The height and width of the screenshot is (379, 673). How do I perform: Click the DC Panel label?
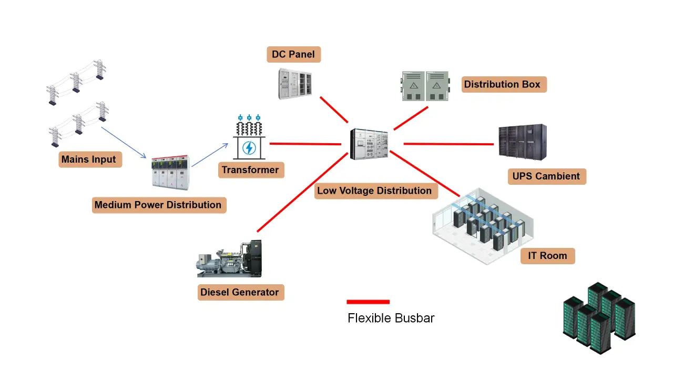coord(293,54)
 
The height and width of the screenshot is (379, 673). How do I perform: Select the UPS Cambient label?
coord(546,176)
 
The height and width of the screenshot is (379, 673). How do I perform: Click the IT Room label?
coord(547,256)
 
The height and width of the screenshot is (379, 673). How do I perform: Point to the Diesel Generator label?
coord(240,292)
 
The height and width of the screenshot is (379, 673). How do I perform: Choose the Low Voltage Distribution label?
coord(374,191)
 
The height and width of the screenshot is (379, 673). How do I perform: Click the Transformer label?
coord(250,170)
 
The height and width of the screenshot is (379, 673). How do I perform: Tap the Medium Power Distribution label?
coord(158,205)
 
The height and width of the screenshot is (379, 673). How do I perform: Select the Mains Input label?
coord(89,159)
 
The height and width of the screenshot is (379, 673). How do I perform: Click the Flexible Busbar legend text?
coord(391,318)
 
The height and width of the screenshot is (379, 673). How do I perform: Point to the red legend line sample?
coord(368,302)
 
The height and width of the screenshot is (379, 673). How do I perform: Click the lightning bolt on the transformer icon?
coord(249,148)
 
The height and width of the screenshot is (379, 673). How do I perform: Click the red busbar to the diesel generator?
coord(302,192)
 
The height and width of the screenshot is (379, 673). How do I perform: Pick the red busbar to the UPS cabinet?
coord(448,143)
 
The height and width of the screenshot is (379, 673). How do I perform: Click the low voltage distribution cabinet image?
coord(369,144)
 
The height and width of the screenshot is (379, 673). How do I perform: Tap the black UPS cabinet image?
coord(522,142)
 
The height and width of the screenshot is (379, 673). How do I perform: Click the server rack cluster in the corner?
coord(599,318)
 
